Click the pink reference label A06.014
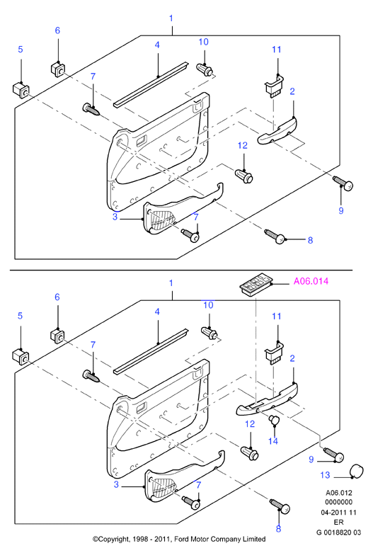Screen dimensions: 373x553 tap(311, 281)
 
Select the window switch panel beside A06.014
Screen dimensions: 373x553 tap(255, 286)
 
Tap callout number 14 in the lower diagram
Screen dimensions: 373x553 tap(273, 441)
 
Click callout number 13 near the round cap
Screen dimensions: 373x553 tap(325, 475)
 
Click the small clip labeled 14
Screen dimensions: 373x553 tap(274, 419)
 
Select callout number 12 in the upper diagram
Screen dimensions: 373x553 tap(243, 145)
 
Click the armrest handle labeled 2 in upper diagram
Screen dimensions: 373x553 tap(277, 131)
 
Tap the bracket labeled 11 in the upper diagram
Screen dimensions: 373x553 tap(274, 87)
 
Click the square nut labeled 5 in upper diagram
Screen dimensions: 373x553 tap(21, 90)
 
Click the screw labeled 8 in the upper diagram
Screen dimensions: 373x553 tap(275, 236)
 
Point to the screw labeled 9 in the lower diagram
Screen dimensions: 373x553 tap(333, 455)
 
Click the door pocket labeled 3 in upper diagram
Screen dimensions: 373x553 tap(183, 208)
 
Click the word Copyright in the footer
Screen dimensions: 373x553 tap(115, 540)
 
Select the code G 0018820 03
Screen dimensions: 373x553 tap(338, 532)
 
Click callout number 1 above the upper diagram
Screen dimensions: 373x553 tap(171, 18)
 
